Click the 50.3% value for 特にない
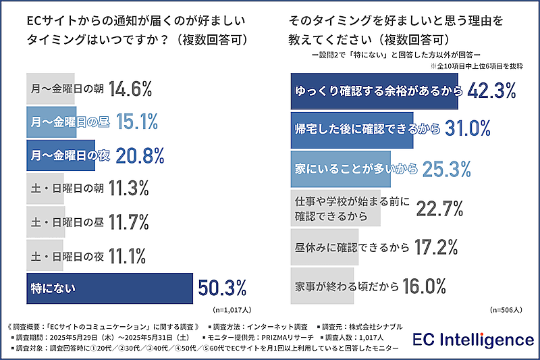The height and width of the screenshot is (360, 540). coord(222,288)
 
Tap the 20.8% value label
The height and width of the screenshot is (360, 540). coord(140,155)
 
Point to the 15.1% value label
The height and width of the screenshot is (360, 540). coord(137,122)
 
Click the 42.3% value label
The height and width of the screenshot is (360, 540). coord(488,90)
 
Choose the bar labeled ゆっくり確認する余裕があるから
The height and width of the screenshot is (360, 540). coord(375,91)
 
